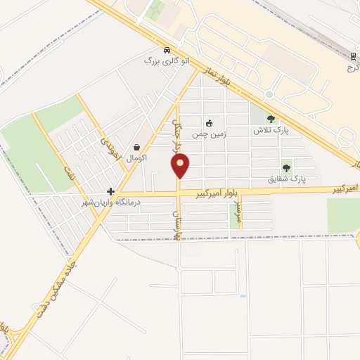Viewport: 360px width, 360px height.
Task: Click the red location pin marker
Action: [181, 166]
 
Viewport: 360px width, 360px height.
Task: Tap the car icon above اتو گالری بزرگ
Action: [166, 51]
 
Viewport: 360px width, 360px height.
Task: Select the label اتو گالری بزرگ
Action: [167, 62]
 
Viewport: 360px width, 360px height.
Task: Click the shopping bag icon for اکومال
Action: [136, 148]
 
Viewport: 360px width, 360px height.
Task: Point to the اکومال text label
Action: [136, 158]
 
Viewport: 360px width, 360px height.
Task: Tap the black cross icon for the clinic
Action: [110, 191]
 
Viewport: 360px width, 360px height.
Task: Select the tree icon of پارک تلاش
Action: [271, 120]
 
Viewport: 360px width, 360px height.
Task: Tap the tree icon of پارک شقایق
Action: [286, 168]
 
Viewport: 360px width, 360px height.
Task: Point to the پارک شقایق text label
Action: [286, 179]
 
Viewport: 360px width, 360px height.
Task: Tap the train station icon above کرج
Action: [353, 56]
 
